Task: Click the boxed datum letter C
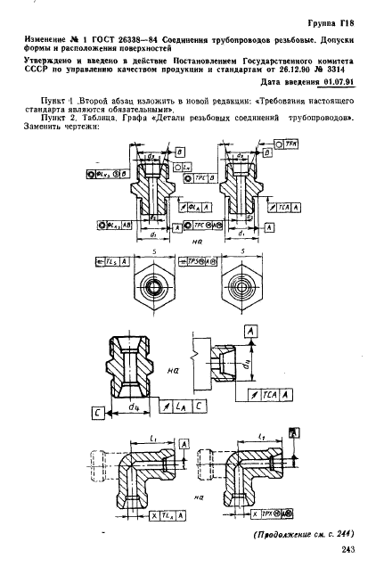(95, 412)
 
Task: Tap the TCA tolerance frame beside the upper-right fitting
(285, 207)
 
